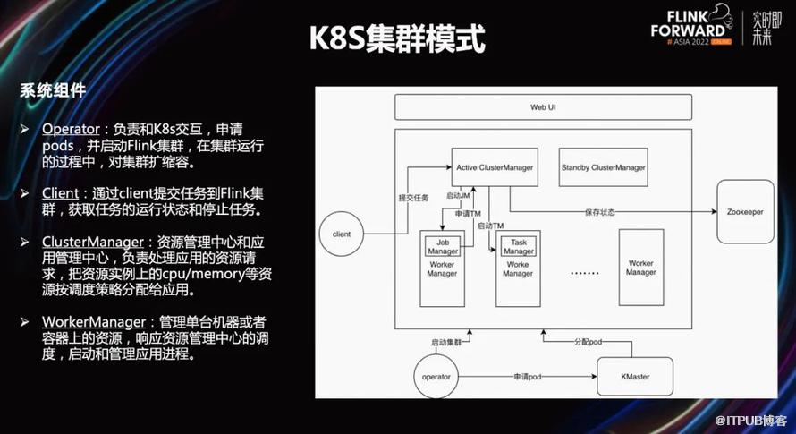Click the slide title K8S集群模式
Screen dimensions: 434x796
397,39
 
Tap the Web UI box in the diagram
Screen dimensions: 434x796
544,107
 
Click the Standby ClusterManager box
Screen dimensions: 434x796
603,167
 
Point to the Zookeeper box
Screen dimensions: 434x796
744,211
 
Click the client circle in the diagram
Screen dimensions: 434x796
341,234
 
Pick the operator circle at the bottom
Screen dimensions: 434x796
436,377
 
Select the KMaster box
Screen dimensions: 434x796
634,377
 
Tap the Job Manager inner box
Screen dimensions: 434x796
442,246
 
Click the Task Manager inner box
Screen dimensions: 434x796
518,246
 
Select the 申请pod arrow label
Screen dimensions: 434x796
528,377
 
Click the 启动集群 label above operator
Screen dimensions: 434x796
445,343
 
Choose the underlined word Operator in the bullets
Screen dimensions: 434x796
71,129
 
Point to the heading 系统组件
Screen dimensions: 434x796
53,90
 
